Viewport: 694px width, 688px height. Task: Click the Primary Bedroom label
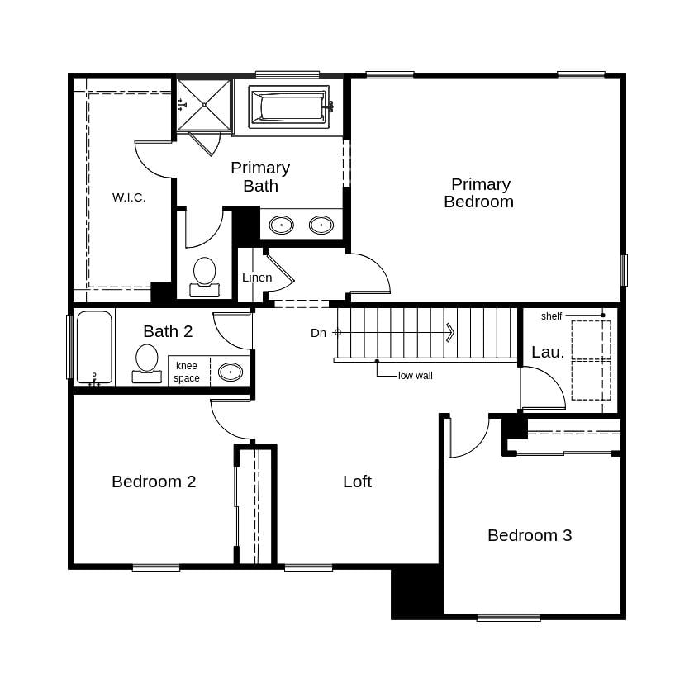click(478, 192)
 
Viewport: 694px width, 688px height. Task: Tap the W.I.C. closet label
click(129, 197)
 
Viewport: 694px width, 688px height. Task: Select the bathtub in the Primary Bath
click(289, 107)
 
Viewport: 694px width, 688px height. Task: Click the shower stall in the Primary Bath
click(203, 105)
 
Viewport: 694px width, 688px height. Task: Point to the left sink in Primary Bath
click(281, 225)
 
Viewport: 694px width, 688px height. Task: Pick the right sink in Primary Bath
click(321, 225)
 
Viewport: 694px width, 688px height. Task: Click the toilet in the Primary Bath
click(204, 276)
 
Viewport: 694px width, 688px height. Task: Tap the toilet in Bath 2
click(147, 363)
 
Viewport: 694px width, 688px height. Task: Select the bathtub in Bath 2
click(94, 347)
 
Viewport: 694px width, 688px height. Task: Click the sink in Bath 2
click(230, 372)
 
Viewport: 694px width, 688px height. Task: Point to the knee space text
click(187, 372)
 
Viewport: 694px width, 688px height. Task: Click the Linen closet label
click(257, 278)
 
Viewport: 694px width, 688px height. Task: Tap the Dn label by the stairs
click(318, 333)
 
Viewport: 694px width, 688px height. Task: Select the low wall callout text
click(415, 376)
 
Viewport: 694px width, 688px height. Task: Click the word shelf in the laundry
click(551, 316)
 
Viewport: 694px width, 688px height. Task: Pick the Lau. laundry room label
click(548, 352)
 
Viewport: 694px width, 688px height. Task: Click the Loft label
click(357, 482)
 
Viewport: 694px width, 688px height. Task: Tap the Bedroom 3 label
click(530, 535)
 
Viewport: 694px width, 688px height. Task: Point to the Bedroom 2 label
click(154, 482)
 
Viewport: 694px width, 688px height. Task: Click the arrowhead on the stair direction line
click(450, 332)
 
